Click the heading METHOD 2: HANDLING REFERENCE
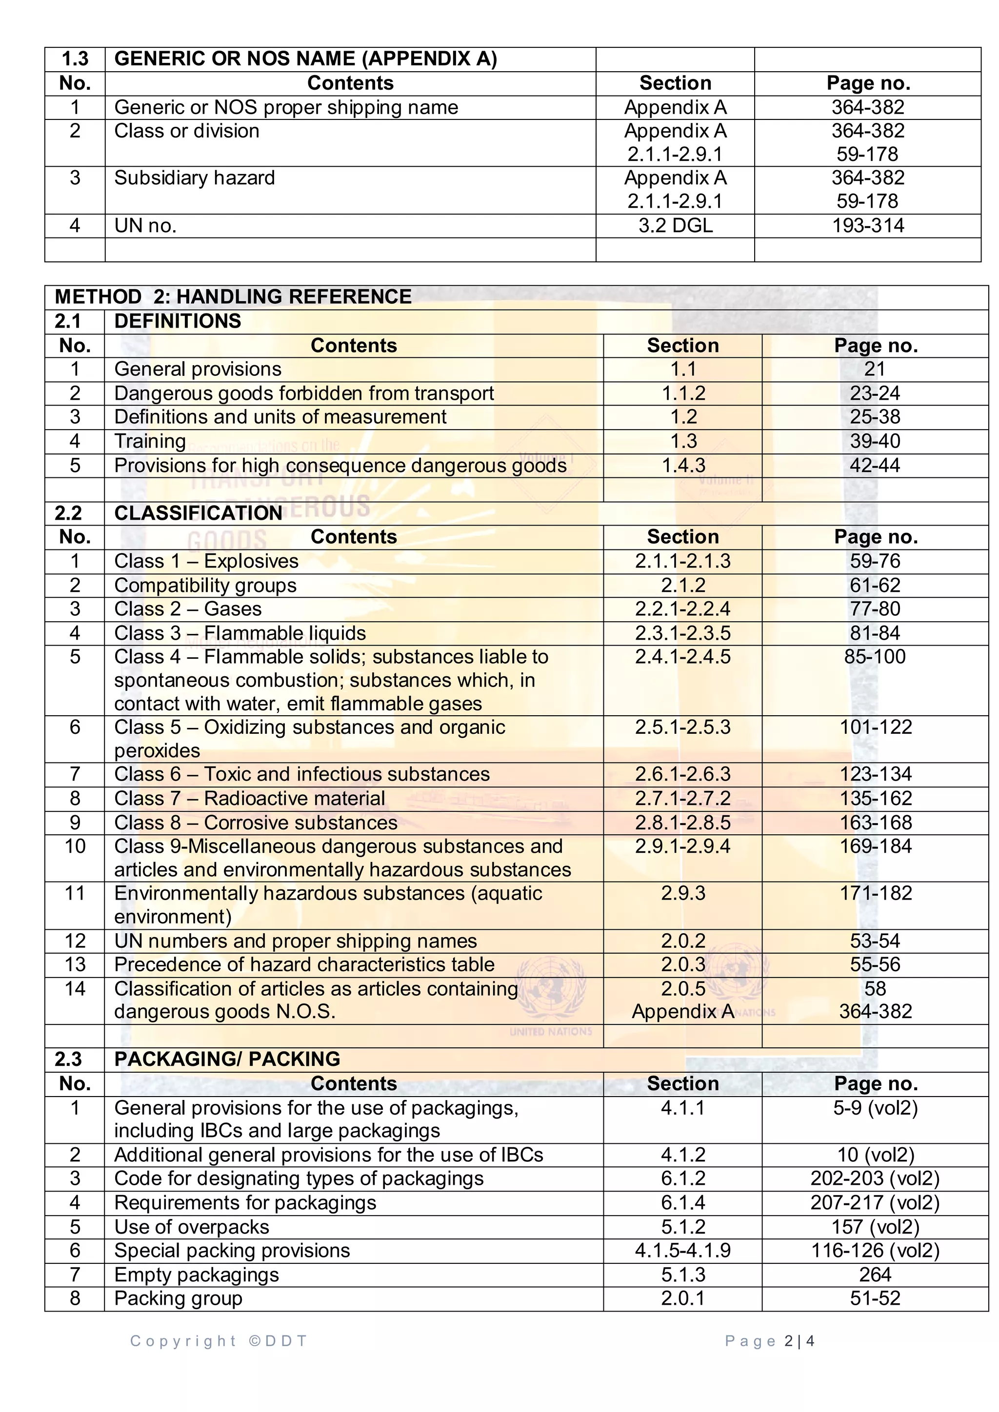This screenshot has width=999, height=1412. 233,296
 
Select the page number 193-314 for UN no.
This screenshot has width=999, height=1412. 867,225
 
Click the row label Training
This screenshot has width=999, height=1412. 150,441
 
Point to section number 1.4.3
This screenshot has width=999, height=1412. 683,465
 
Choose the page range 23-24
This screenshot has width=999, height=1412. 875,393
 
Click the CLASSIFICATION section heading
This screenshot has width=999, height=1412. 198,513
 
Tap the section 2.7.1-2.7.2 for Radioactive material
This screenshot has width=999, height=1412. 683,798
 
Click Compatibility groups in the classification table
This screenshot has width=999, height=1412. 205,585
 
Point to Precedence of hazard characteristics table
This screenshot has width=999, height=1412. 304,964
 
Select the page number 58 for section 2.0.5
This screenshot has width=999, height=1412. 875,988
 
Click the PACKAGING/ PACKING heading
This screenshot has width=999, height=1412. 227,1059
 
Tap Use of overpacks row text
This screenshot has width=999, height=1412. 191,1227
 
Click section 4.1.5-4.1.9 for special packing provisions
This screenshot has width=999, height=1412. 683,1250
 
